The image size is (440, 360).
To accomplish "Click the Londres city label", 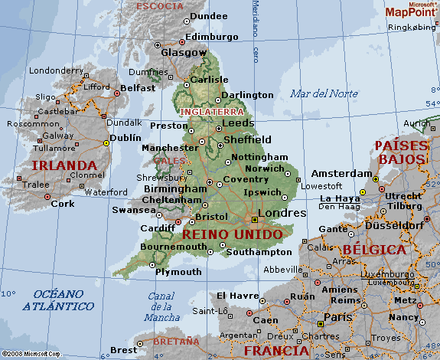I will click(282, 213).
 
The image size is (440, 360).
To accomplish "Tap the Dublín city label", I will click(125, 138).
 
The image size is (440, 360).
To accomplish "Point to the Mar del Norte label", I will click(324, 94).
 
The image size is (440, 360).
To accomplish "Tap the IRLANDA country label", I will click(64, 165).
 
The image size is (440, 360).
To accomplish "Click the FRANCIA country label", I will click(275, 351).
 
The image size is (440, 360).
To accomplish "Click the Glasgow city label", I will click(184, 53).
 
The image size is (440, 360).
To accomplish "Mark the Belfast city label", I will click(138, 88).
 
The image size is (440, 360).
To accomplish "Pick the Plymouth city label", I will click(178, 272).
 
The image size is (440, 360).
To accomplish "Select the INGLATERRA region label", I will click(205, 112).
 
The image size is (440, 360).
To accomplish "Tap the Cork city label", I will click(63, 204).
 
